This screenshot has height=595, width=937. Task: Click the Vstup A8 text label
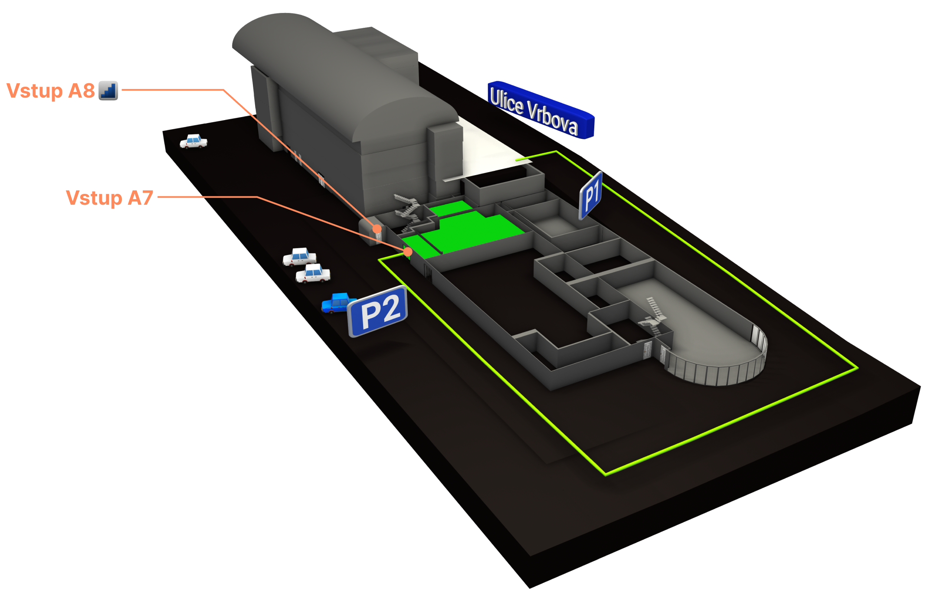51,91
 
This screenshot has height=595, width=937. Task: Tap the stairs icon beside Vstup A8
108,91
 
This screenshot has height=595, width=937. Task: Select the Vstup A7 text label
109,198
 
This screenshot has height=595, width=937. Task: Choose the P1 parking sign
591,196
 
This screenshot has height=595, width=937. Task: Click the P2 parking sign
377,311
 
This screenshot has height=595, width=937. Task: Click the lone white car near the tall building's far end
193,141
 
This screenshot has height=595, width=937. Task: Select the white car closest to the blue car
313,273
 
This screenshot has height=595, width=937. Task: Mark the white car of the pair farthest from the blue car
299,256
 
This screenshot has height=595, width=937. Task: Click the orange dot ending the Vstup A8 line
377,229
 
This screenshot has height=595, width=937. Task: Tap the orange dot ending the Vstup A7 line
408,252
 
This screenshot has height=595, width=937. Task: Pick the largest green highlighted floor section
473,232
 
